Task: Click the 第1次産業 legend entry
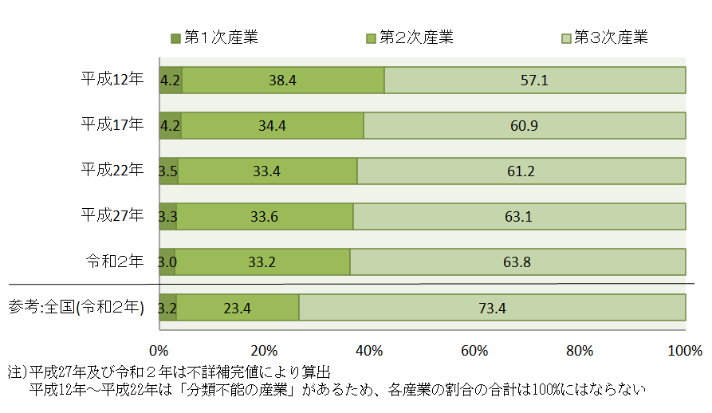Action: (214, 37)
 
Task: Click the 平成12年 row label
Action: (112, 80)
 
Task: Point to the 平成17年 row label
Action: (112, 125)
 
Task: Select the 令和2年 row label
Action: (115, 262)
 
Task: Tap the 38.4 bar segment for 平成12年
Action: (282, 81)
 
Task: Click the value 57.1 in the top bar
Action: (534, 81)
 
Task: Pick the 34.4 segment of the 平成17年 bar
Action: (272, 126)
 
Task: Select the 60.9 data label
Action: (524, 126)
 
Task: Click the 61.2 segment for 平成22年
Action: (521, 171)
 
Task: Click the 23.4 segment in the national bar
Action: (238, 308)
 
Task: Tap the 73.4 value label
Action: (492, 308)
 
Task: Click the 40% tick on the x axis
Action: (369, 351)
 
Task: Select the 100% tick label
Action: (685, 351)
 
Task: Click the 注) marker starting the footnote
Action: (17, 372)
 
